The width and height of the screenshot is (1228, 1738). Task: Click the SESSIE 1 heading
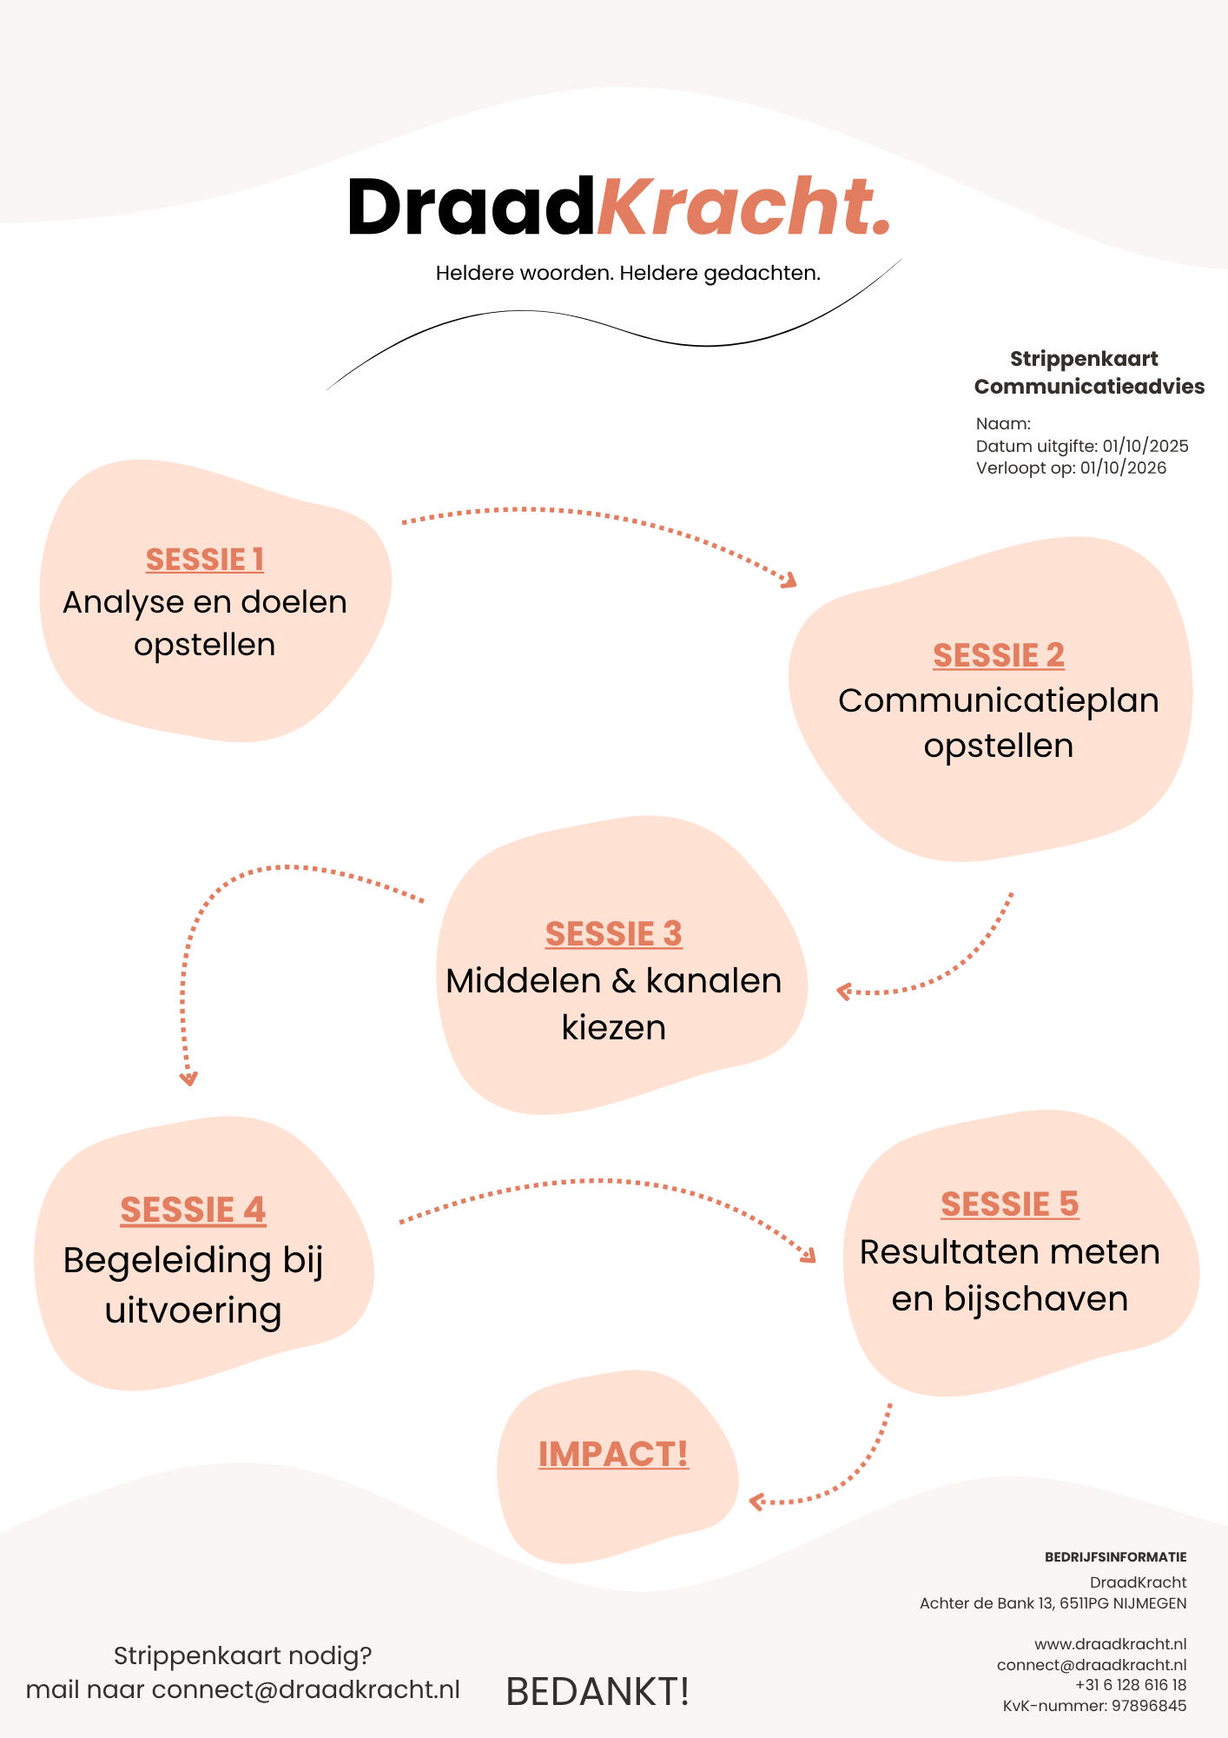[x=204, y=560]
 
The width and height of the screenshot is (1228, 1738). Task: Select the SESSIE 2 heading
[x=999, y=655]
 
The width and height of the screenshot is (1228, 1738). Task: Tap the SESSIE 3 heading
[x=613, y=933]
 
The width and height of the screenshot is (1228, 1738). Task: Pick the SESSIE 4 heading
[x=193, y=1210]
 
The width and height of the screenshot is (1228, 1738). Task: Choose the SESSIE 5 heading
[x=1009, y=1204]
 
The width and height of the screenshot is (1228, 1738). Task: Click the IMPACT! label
[x=613, y=1454]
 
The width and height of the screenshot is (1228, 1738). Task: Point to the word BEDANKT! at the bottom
[x=597, y=1691]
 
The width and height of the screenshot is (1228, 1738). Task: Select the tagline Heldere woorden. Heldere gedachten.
[x=628, y=273]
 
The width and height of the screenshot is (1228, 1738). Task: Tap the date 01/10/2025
[x=1145, y=446]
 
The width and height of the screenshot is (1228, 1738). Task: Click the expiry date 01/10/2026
[x=1123, y=468]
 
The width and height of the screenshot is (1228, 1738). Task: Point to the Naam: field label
[x=1003, y=424]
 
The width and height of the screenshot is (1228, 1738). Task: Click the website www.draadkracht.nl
[x=1110, y=1644]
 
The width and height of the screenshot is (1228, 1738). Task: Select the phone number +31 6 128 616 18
[x=1130, y=1685]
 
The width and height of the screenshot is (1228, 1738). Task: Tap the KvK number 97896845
[x=1148, y=1706]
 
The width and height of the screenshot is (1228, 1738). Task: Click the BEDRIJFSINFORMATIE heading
[x=1115, y=1557]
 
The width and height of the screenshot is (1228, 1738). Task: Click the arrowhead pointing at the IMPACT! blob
[x=756, y=1501]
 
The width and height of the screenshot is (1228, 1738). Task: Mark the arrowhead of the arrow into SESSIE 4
[x=188, y=1079]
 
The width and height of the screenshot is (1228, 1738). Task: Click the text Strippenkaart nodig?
[x=242, y=1655]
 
